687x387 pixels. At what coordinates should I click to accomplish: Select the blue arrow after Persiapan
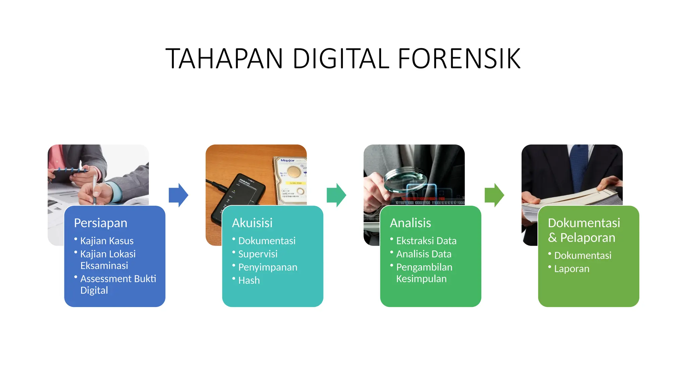178,195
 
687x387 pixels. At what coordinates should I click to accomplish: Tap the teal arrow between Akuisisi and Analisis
336,195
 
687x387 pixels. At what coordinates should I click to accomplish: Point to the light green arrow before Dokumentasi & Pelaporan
494,195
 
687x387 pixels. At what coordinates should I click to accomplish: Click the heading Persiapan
101,223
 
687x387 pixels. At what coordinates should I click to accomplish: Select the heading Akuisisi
252,223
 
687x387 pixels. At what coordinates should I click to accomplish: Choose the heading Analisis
410,223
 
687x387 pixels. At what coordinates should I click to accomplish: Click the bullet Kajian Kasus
107,241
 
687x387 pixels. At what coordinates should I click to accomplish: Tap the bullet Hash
249,281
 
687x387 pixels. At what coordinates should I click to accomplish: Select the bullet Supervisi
258,254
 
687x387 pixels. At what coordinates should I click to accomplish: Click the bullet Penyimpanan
268,267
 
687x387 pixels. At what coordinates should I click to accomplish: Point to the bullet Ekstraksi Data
426,241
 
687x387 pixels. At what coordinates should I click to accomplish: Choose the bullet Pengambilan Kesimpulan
424,273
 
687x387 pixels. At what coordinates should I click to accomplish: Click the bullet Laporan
572,269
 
